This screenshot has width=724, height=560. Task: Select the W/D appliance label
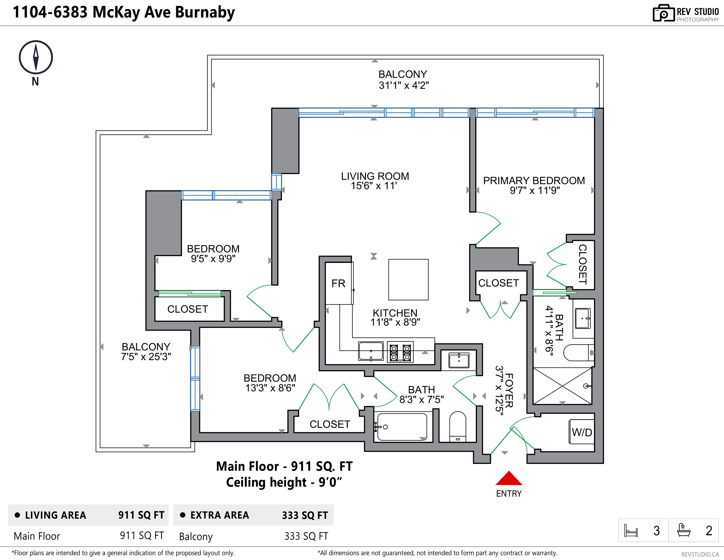[x=582, y=432]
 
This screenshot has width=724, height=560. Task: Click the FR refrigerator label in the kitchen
[x=338, y=283]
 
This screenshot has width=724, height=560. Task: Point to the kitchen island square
[x=408, y=280]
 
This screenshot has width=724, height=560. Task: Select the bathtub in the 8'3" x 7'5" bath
[x=402, y=427]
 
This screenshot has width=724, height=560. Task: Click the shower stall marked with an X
[x=562, y=386]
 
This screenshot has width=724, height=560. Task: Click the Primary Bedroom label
[x=534, y=181]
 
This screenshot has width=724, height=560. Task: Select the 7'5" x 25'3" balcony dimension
[x=146, y=357]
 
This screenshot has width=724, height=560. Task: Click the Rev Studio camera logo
[x=664, y=13]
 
